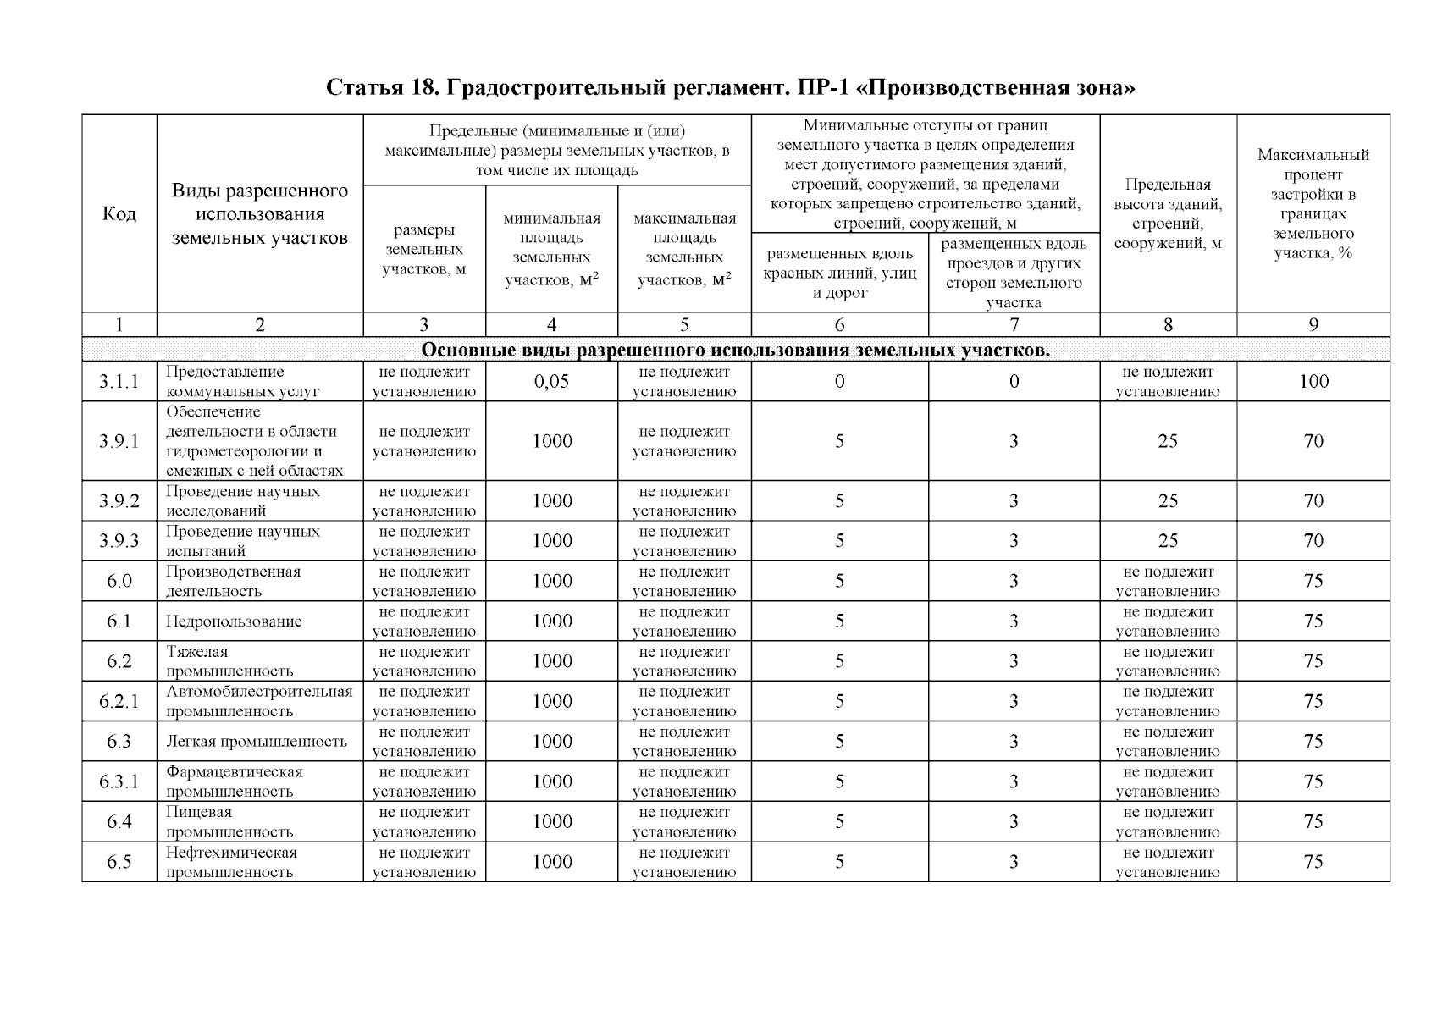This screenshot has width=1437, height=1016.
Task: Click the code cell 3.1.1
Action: point(119,382)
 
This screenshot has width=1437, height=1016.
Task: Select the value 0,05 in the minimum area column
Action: point(551,382)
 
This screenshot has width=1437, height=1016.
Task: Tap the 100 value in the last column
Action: point(1313,382)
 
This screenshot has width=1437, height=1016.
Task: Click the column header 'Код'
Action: point(119,213)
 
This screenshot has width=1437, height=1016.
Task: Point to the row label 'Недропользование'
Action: point(234,621)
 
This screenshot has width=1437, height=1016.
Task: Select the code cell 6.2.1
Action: point(119,702)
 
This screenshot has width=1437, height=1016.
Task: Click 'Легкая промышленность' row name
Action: point(257,742)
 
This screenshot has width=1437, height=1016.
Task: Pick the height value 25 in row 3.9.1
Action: point(1168,441)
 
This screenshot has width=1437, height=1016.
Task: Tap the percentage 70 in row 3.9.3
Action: point(1313,541)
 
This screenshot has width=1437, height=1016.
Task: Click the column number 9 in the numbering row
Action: point(1313,324)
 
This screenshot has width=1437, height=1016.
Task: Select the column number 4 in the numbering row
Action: point(551,324)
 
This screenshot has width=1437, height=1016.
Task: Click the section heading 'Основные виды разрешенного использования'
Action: point(735,351)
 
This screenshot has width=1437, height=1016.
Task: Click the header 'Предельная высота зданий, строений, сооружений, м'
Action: point(1168,213)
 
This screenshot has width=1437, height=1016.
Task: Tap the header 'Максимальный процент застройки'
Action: point(1313,203)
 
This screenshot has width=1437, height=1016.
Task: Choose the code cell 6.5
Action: point(119,862)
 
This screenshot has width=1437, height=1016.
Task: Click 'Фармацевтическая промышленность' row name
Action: point(235,781)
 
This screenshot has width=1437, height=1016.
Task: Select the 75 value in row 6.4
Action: point(1313,822)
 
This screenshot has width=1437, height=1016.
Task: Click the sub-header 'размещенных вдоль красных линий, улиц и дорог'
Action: point(839,273)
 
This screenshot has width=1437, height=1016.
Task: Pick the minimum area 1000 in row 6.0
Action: point(551,581)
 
